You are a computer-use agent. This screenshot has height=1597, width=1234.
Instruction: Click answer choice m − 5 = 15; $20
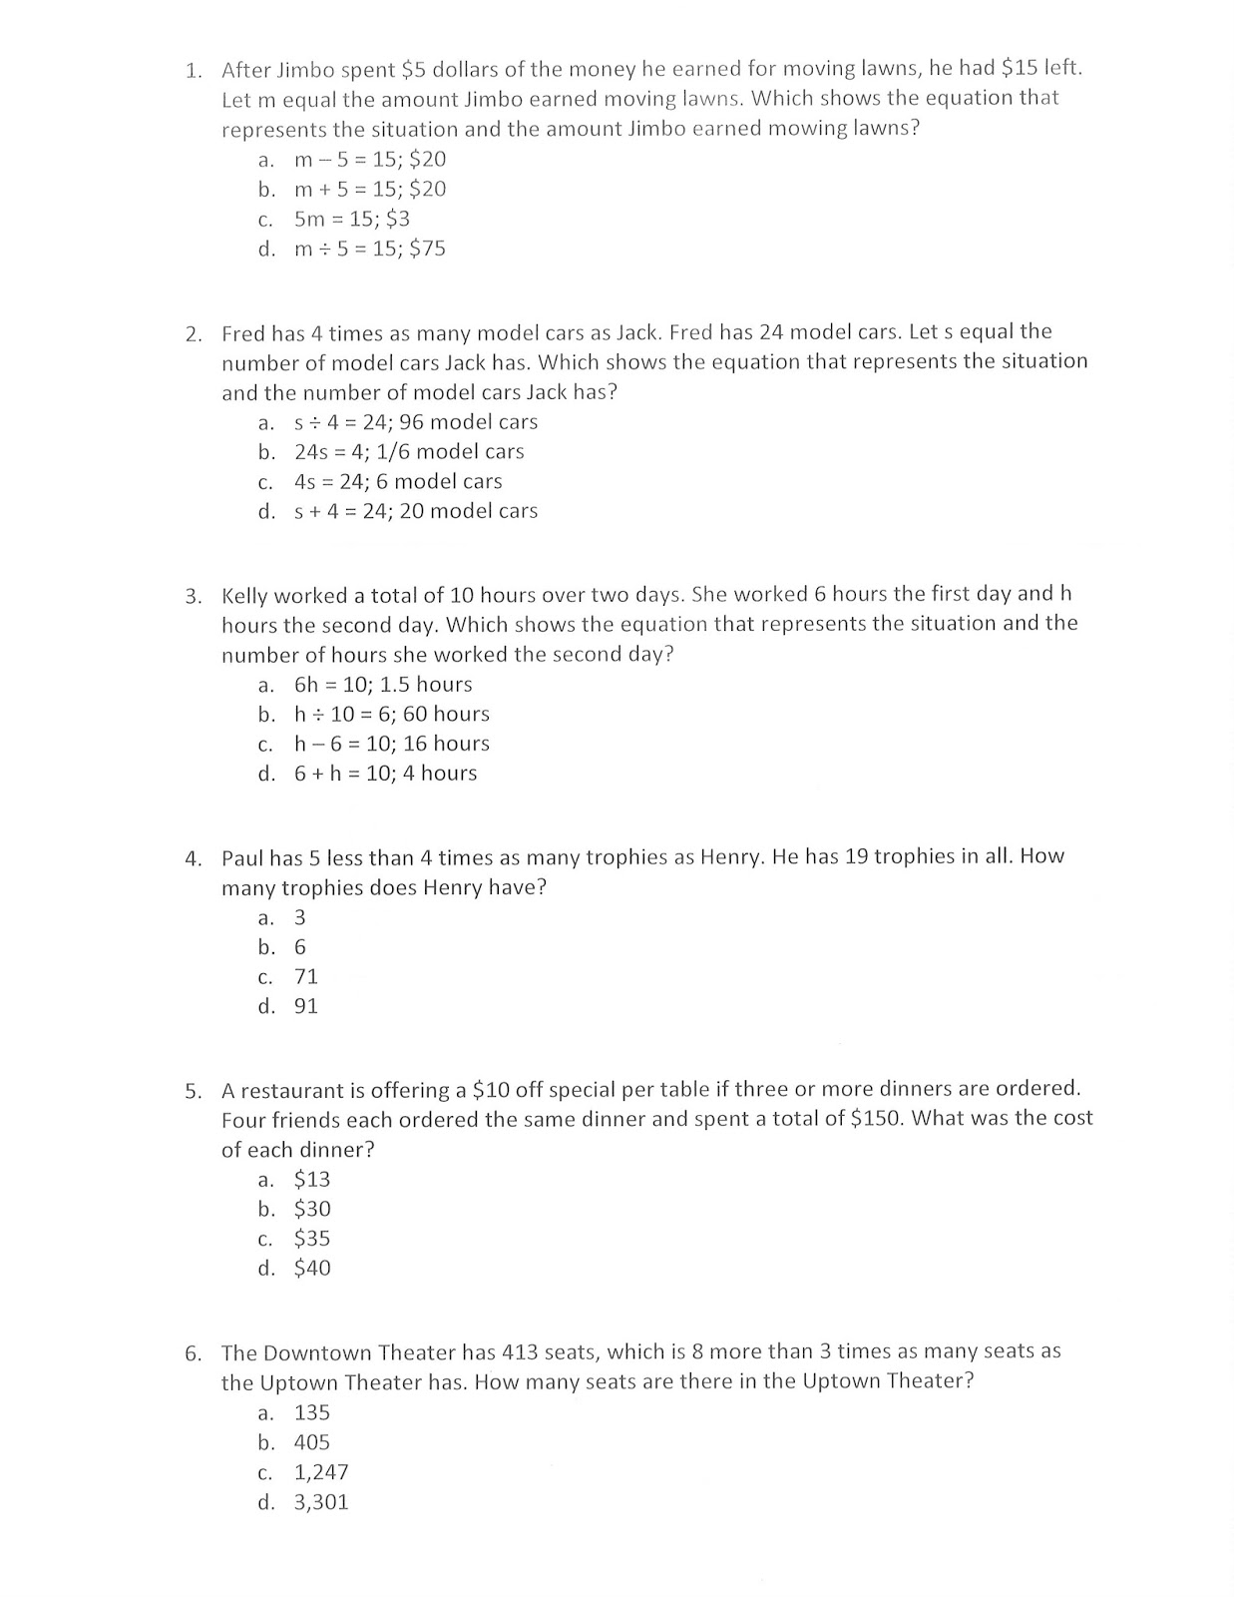[369, 160]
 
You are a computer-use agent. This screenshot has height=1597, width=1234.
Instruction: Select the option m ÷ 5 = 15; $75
[369, 250]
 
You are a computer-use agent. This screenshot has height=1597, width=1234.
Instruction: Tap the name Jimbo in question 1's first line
[305, 70]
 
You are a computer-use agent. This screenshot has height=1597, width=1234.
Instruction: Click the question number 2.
[194, 333]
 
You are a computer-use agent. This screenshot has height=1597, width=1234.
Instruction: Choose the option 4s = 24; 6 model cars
[397, 482]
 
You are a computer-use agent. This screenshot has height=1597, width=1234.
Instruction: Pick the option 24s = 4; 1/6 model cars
[408, 452]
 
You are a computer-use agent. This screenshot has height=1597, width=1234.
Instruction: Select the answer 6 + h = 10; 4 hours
[385, 774]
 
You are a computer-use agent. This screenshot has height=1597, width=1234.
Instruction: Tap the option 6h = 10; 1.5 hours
[382, 685]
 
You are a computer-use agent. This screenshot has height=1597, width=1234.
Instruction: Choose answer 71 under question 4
[305, 977]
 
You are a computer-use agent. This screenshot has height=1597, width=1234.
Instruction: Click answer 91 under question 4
[305, 1007]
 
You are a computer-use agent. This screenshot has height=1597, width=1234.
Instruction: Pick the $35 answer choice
[311, 1239]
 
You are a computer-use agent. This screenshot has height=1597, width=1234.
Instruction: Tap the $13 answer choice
[311, 1180]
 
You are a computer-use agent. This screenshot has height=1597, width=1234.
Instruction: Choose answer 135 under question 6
[311, 1413]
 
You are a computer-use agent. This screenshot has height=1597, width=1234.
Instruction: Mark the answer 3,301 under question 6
[320, 1502]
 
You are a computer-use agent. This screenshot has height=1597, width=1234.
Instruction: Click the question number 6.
[194, 1354]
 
